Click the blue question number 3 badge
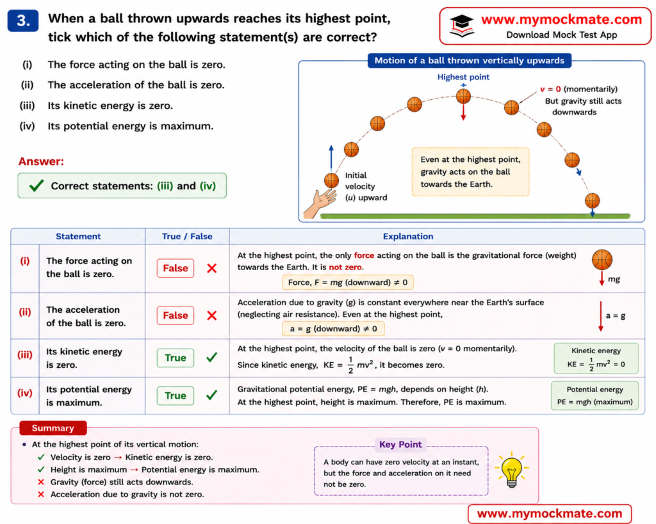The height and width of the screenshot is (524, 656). point(23,21)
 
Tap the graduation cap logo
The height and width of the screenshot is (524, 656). point(462,26)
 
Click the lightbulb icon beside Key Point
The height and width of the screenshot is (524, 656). point(512,469)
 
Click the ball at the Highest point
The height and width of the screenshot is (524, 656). point(463,96)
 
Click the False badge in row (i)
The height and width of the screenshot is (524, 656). point(176,268)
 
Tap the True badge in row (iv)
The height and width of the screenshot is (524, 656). point(176,395)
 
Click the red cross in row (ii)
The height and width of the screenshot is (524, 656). point(211,315)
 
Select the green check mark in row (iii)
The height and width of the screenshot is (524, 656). point(211,357)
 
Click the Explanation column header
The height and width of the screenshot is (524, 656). point(408,237)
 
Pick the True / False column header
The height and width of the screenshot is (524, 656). point(187,237)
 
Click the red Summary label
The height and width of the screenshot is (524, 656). point(53,428)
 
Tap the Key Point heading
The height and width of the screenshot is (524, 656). point(400,445)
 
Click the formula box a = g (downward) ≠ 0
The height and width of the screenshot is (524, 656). point(333,329)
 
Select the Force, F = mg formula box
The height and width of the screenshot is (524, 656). point(348,283)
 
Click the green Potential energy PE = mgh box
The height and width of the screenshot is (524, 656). point(594,395)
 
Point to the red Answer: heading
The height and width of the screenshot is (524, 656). point(41,161)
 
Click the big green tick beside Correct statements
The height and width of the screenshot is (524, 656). point(37,185)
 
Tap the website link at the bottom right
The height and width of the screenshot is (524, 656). point(549,514)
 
